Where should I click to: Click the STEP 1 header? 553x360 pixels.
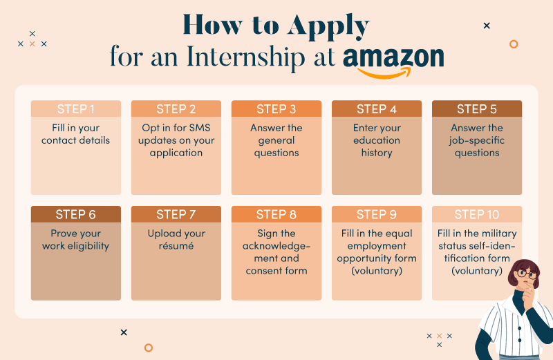(76, 109)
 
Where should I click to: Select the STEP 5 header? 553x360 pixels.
(477, 109)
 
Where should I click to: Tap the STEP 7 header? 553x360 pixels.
(176, 214)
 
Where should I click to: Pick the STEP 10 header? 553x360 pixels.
(477, 214)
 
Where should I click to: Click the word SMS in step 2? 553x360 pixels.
(200, 128)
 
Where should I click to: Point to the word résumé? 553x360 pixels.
(176, 246)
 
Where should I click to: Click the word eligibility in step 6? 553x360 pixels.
(88, 246)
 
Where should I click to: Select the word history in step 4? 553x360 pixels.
(377, 153)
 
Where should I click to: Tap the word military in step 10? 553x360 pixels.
(499, 234)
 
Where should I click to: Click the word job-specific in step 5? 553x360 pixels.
(477, 141)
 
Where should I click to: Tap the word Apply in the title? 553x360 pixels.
(328, 26)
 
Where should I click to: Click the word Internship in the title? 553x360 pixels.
(246, 57)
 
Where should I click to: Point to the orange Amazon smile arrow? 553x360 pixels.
(385, 74)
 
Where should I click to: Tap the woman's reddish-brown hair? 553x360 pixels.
(519, 269)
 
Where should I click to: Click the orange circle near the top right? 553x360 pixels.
(514, 44)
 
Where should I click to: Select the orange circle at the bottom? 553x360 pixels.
(149, 348)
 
